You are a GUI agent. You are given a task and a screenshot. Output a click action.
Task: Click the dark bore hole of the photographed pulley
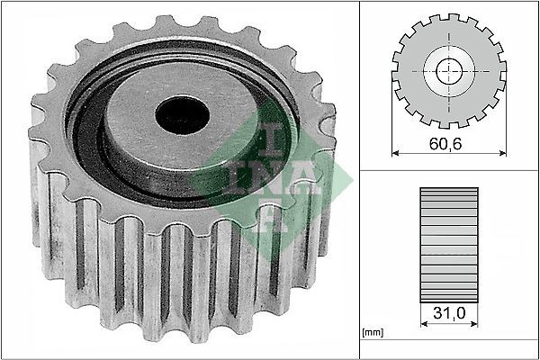pyautogui.click(x=182, y=113)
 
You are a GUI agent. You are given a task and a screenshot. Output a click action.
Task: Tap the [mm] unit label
pyautogui.click(x=373, y=333)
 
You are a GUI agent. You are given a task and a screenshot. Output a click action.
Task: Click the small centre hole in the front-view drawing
pyautogui.click(x=448, y=71)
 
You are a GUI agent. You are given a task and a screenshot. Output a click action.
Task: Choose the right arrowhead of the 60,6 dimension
pyautogui.click(x=499, y=155)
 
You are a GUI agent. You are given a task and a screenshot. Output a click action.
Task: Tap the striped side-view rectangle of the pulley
pyautogui.click(x=447, y=242)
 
